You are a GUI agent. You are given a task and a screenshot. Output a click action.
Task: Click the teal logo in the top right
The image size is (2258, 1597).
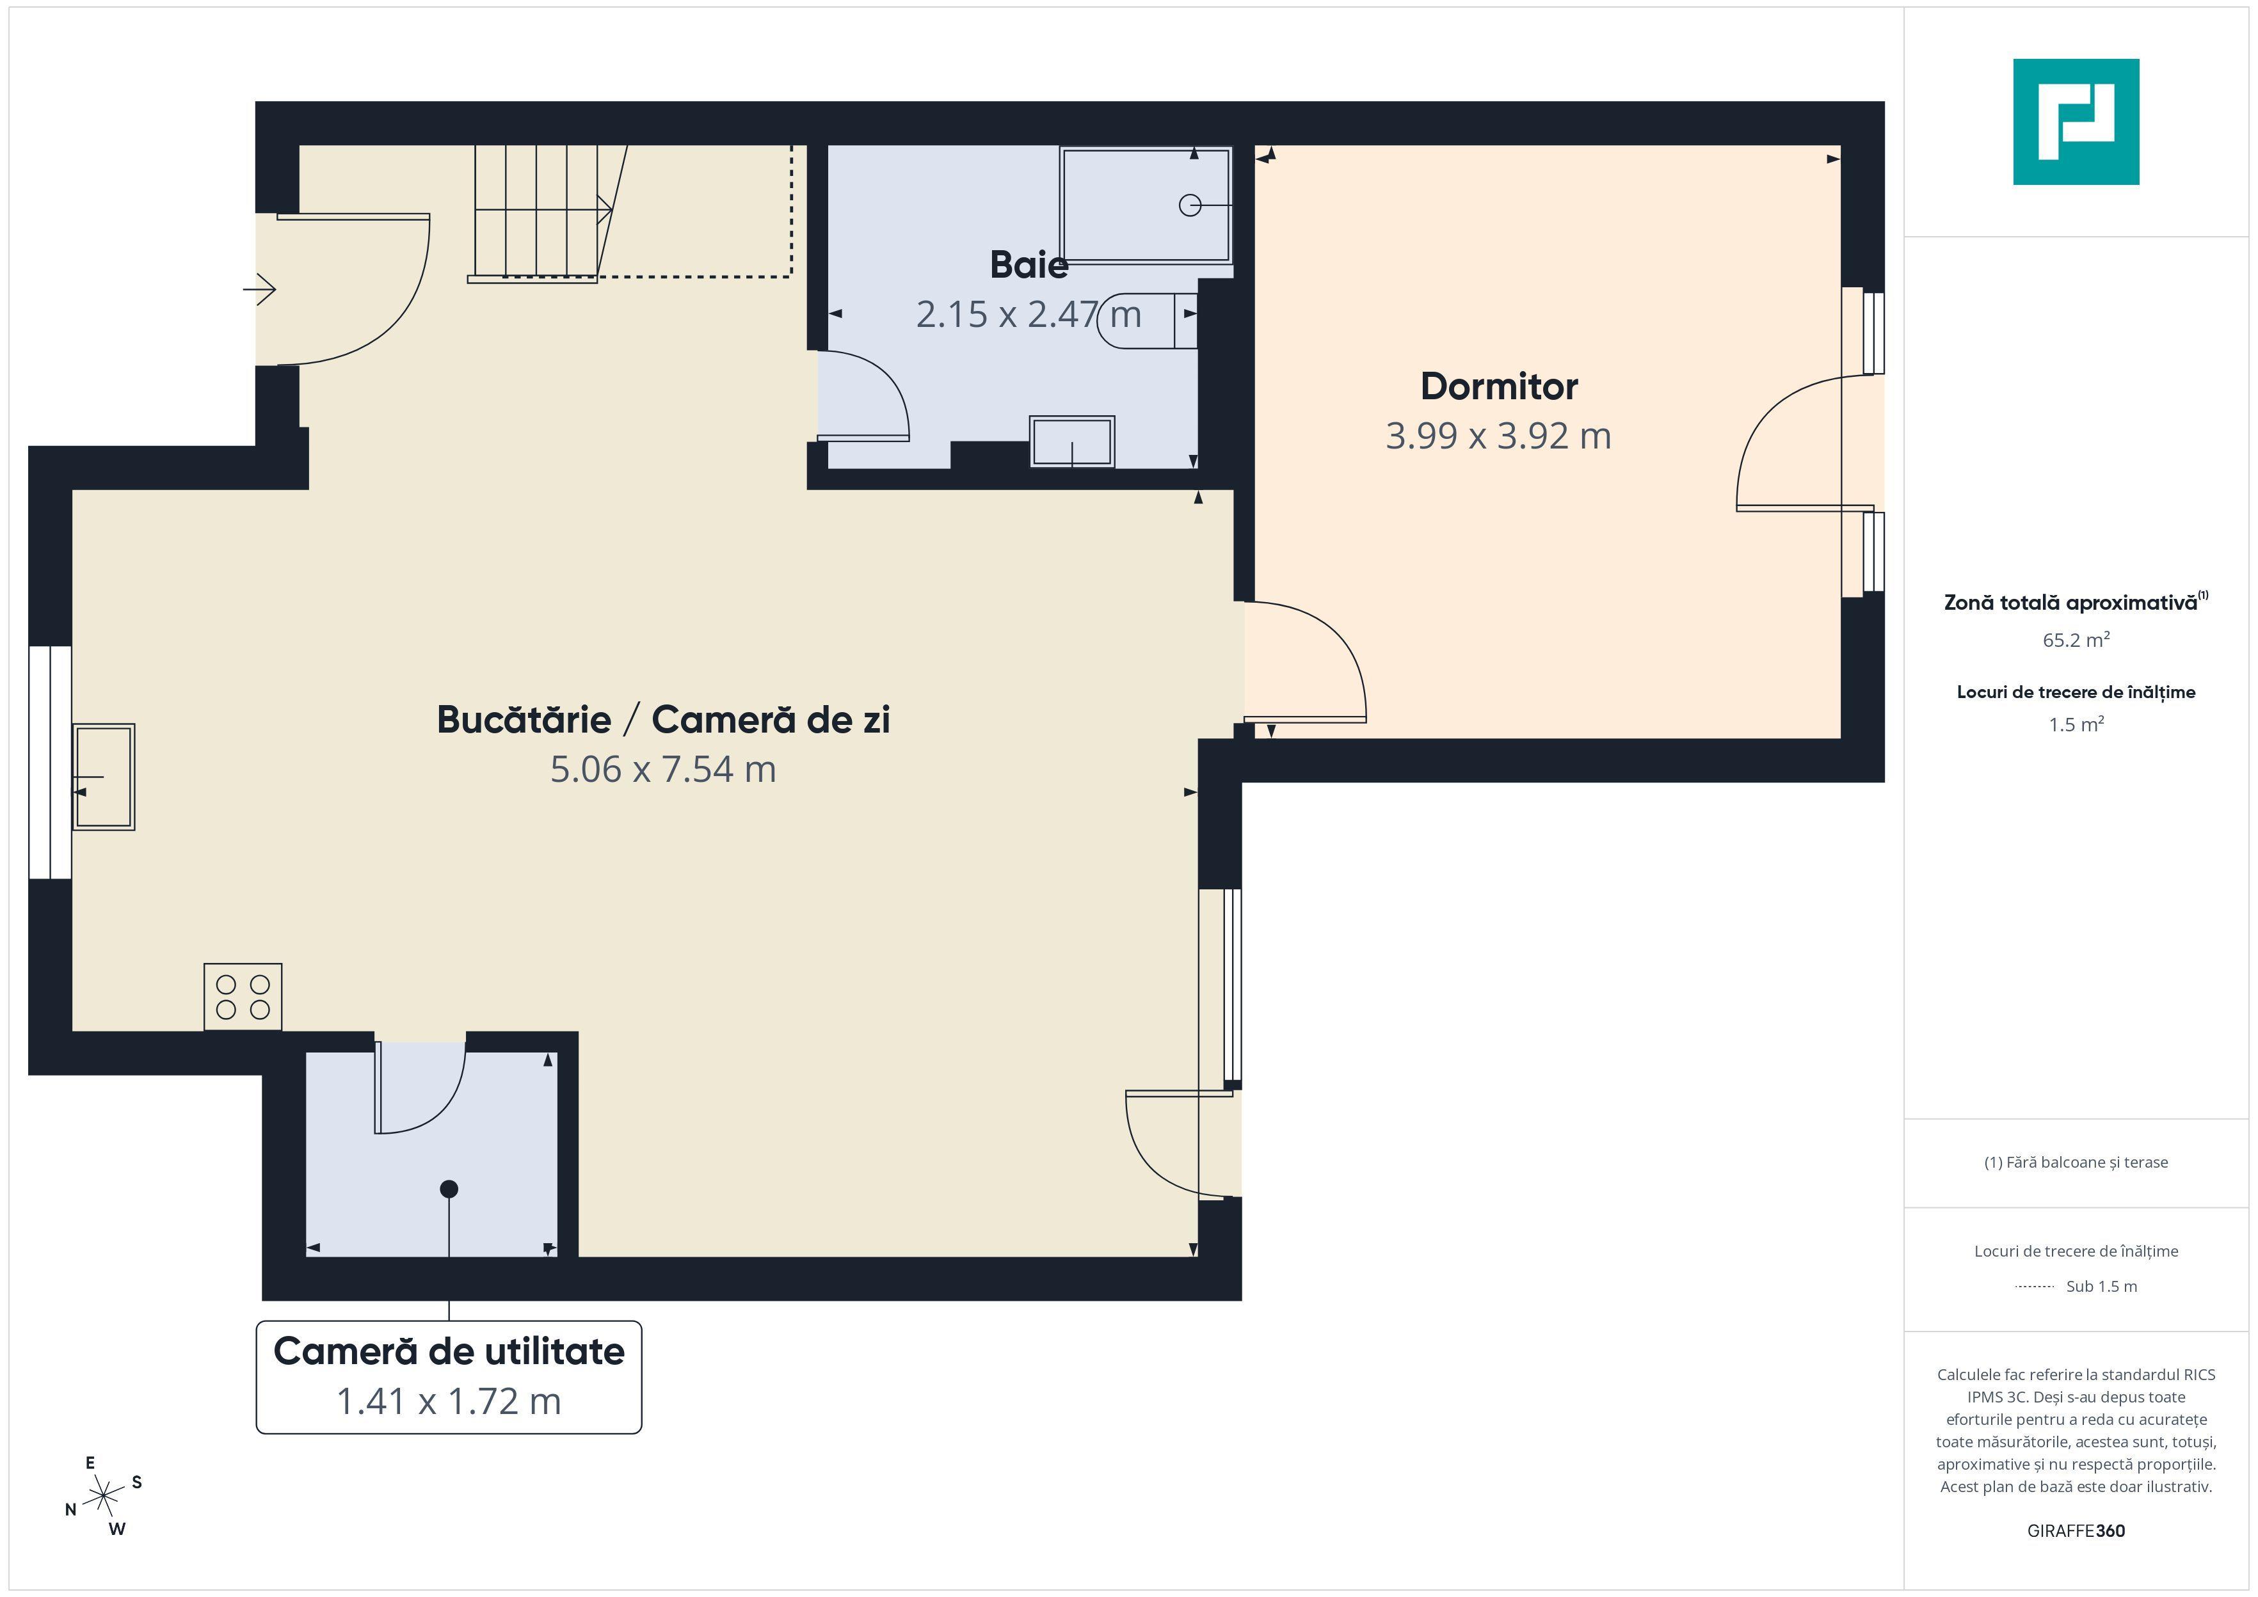point(2076,122)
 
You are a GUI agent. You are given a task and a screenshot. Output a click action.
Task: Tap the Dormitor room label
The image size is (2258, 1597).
point(1499,386)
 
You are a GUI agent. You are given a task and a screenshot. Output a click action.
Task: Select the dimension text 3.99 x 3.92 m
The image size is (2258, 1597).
point(1499,436)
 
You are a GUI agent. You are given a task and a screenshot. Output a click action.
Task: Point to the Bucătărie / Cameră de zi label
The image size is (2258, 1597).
point(664,720)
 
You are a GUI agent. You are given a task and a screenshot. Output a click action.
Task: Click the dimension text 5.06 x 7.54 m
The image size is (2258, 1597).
point(664,769)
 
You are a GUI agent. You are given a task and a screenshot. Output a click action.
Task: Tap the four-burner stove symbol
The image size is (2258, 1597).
point(243,997)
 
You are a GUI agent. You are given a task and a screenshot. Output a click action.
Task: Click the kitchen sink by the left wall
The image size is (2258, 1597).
point(103,777)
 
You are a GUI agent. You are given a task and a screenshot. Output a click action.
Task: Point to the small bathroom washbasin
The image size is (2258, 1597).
point(1072,441)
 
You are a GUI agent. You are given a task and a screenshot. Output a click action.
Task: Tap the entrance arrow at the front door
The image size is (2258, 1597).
point(260,289)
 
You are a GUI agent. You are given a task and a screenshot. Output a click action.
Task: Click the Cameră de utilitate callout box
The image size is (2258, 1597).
point(449,1378)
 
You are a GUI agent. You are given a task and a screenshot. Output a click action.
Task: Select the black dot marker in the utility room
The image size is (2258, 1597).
point(449,1189)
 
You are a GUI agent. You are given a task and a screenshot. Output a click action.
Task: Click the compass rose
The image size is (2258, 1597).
point(103,1497)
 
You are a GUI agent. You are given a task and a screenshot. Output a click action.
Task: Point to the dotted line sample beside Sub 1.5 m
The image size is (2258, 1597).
point(2035,1286)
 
